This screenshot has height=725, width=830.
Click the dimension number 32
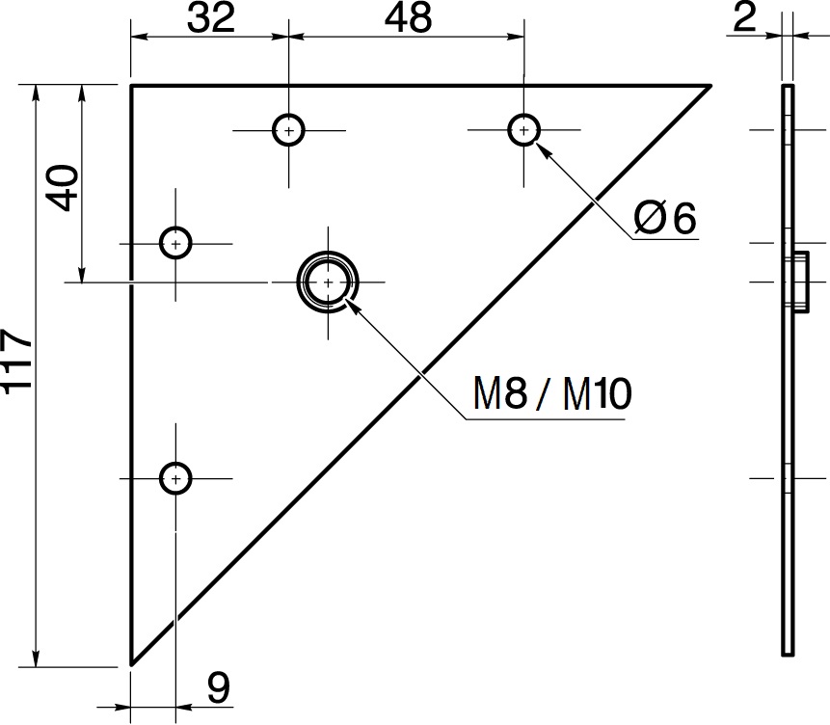point(211,17)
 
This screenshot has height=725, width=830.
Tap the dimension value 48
point(408,17)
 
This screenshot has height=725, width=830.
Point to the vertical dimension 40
point(63,188)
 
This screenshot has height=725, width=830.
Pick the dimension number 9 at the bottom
point(218,688)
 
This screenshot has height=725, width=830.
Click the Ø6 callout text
point(665,218)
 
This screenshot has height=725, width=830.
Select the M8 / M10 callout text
point(552,393)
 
